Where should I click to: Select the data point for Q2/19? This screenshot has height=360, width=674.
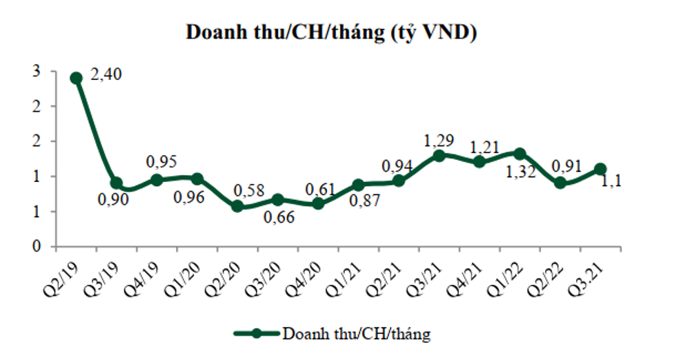tap(77, 78)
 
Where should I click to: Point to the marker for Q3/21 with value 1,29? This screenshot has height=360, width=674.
tap(439, 155)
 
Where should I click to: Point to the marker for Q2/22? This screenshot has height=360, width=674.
tap(560, 183)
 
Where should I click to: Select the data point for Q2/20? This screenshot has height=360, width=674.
tap(238, 206)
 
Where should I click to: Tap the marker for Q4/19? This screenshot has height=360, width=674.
tap(157, 179)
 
